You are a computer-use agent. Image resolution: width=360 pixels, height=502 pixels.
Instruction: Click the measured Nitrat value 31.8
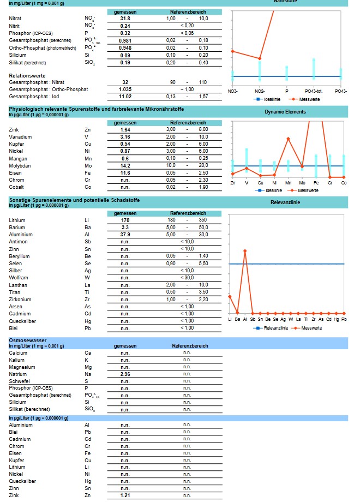point(125,19)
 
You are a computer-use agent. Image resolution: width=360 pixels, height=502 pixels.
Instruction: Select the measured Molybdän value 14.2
point(125,165)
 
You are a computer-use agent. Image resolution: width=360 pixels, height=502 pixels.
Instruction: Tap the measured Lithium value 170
point(125,220)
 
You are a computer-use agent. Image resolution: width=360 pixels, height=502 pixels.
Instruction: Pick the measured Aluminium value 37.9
point(125,235)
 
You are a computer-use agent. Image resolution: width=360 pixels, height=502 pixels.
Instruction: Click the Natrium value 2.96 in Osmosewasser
point(125,374)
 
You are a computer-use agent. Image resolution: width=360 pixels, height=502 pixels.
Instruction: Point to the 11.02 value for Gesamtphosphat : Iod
point(125,97)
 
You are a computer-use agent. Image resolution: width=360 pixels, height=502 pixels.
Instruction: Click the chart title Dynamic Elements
point(285,112)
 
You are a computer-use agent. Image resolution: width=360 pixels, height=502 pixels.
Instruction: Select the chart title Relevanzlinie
point(285,202)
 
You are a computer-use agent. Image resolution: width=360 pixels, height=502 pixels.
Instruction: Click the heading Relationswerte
point(27,75)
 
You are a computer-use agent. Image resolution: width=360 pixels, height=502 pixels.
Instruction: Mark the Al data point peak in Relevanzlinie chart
point(245,250)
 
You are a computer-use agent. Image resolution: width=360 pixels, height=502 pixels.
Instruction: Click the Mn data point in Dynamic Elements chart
point(288,139)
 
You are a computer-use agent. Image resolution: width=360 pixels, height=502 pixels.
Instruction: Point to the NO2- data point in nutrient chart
point(260,58)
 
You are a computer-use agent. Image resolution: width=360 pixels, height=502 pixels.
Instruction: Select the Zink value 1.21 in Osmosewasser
point(125,495)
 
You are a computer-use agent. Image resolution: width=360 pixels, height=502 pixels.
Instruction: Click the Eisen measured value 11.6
point(125,172)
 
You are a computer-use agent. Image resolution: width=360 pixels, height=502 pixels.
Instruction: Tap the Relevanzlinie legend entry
point(271,328)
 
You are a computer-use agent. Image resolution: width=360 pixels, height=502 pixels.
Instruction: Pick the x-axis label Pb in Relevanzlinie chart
point(344,319)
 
